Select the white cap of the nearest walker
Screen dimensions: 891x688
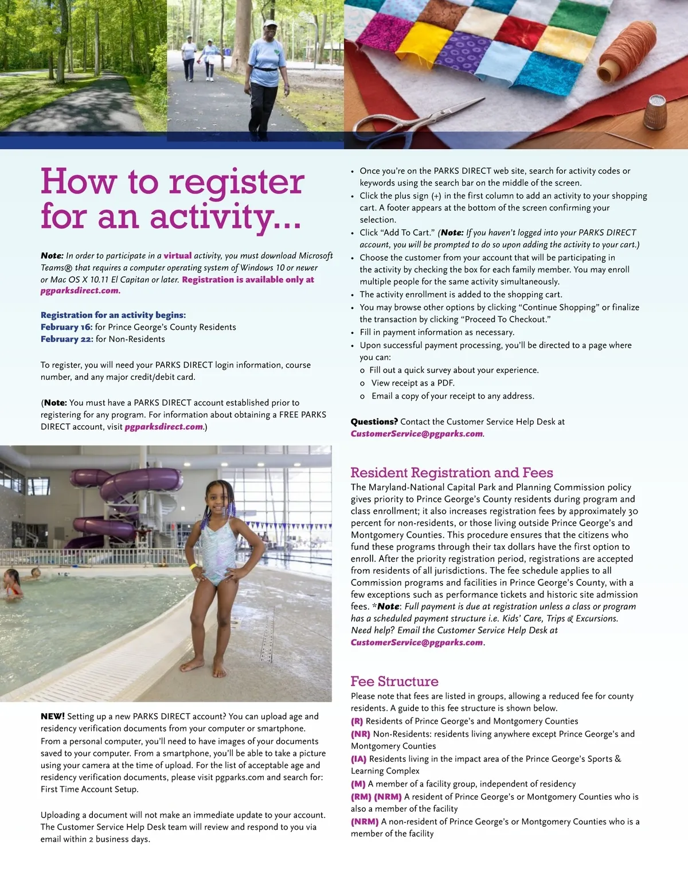(269, 25)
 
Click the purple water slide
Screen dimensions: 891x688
(132, 505)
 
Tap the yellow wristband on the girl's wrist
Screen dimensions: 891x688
(193, 566)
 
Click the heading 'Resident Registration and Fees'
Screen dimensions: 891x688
(452, 472)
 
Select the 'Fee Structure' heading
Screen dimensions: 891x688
(394, 681)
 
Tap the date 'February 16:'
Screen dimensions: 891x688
(67, 327)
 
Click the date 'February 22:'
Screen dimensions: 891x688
(67, 339)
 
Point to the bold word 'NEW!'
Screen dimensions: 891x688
(53, 716)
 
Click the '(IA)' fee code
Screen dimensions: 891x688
(359, 758)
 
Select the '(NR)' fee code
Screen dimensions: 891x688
(361, 734)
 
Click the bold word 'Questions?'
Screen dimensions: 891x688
(374, 422)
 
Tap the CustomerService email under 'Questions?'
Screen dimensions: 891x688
(417, 434)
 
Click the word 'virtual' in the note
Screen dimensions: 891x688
(178, 256)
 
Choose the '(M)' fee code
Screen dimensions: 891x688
(358, 784)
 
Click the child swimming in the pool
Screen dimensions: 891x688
(11, 585)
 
